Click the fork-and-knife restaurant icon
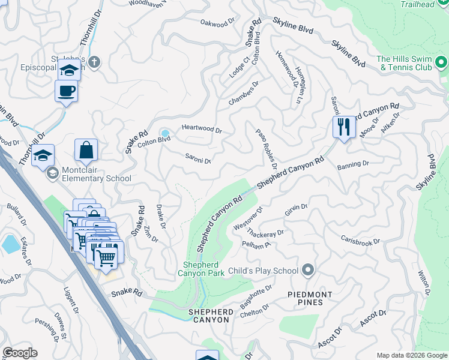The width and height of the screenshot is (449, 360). click(344, 127)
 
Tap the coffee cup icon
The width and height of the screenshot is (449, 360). click(66, 91)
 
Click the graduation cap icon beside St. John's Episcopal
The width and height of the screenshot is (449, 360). click(69, 70)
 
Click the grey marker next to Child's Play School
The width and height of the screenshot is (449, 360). click(308, 271)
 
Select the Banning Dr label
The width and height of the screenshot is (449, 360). click(352, 164)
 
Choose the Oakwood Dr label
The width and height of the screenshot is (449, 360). click(217, 23)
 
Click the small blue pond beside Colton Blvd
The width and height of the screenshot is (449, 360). click(164, 133)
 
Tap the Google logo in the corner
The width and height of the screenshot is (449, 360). click(20, 353)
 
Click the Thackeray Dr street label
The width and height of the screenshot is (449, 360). click(267, 233)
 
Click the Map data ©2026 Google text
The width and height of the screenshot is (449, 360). click(411, 355)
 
